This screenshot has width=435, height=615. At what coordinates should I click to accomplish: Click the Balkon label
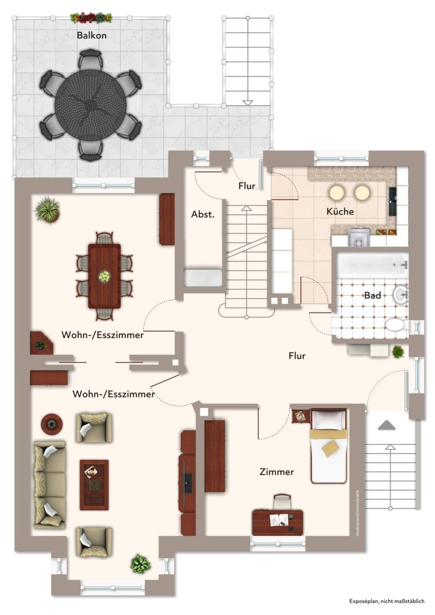[92, 35]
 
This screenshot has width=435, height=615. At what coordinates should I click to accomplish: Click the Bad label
[373, 296]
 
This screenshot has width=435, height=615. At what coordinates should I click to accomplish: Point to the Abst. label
[203, 214]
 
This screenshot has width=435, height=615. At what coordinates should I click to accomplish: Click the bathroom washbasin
[401, 295]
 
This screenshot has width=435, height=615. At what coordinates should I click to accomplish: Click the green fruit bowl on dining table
[104, 275]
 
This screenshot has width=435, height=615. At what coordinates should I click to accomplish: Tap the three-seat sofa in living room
[50, 485]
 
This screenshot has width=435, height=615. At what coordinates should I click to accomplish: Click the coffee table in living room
[94, 485]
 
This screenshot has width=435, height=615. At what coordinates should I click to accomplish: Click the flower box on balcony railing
[92, 18]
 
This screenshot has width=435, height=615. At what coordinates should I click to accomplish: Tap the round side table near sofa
[52, 424]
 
